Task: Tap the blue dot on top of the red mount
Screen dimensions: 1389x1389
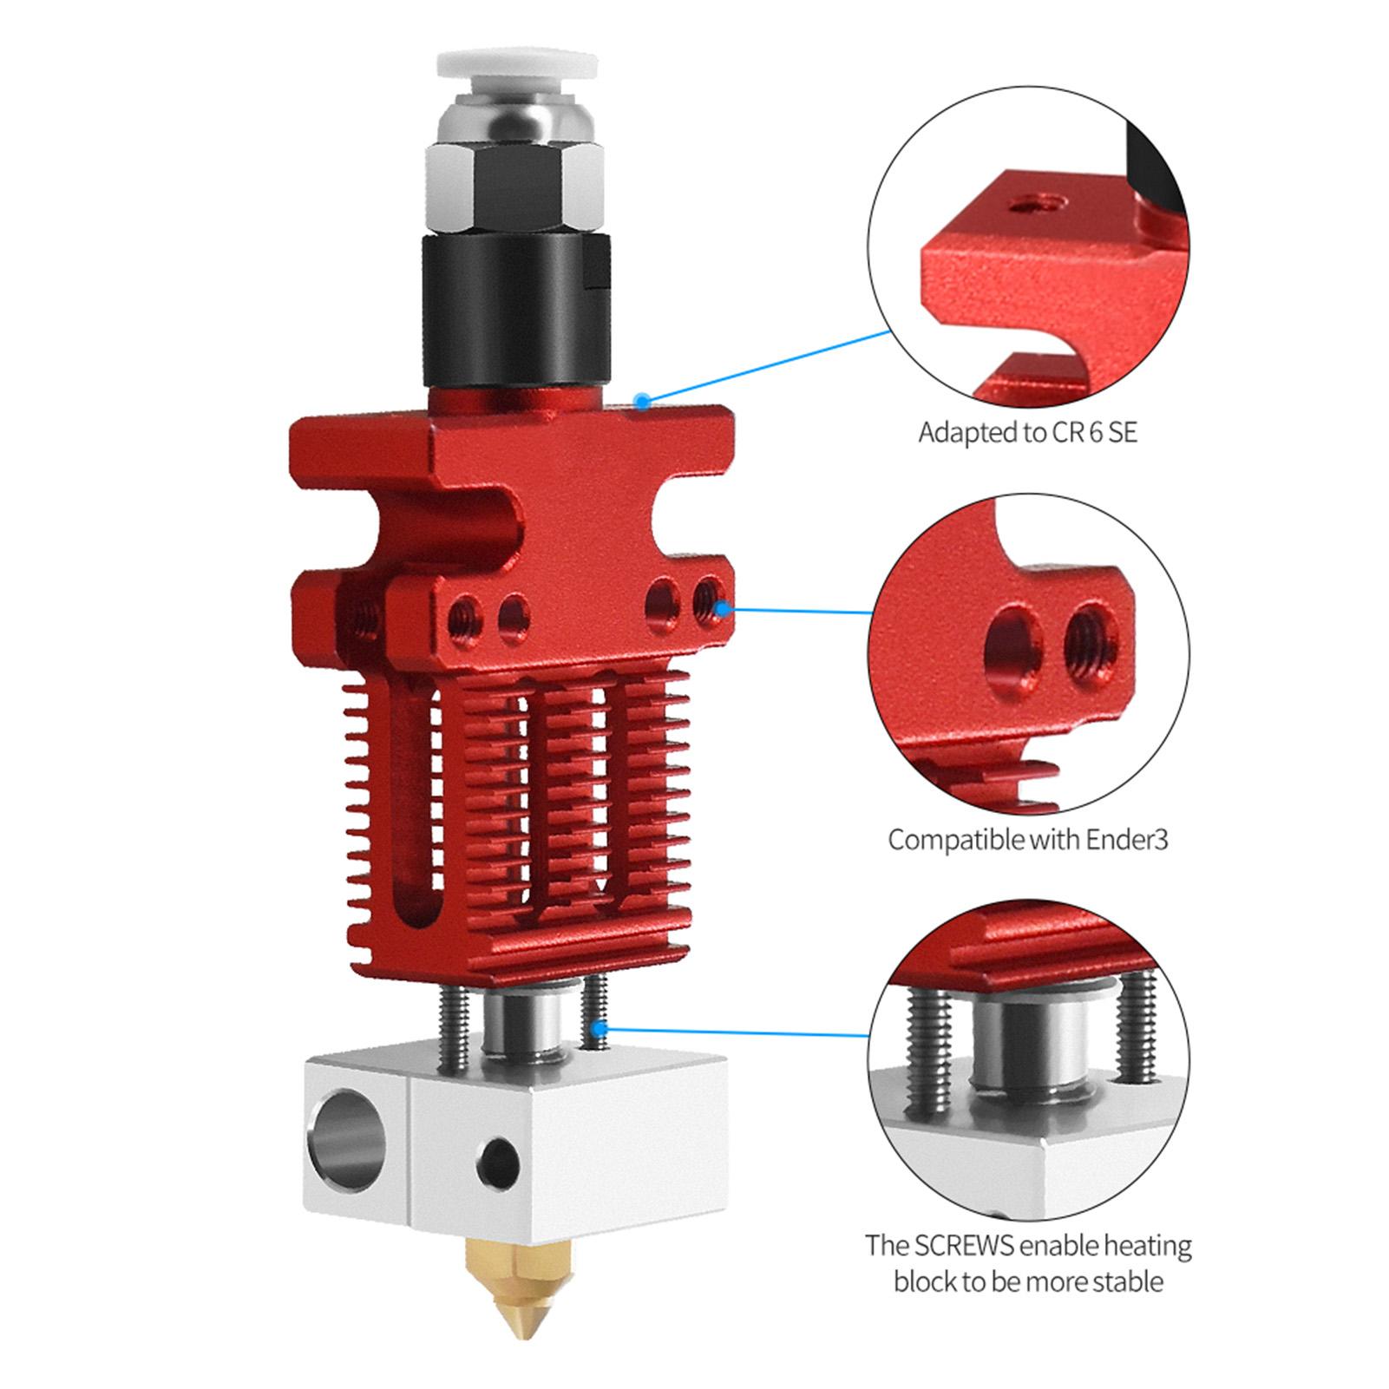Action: [641, 401]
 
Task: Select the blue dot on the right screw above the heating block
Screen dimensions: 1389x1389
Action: [599, 1028]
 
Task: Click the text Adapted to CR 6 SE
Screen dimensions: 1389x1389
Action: [1027, 431]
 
